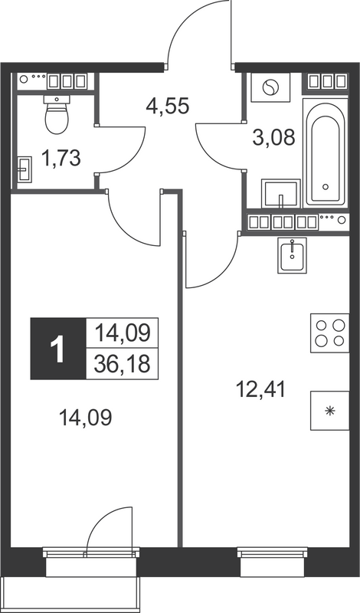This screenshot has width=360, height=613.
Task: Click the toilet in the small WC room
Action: point(57,115)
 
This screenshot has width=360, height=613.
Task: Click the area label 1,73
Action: point(61,159)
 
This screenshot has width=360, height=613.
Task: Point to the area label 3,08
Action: point(272,138)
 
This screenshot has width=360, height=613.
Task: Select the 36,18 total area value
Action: point(123,362)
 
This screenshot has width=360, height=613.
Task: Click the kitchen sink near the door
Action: point(291,256)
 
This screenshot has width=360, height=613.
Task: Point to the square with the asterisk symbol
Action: point(330,411)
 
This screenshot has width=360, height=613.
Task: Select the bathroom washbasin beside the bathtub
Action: point(281,192)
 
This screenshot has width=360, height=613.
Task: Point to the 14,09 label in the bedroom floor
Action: point(87,418)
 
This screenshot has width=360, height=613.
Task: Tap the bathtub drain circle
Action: point(326,186)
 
